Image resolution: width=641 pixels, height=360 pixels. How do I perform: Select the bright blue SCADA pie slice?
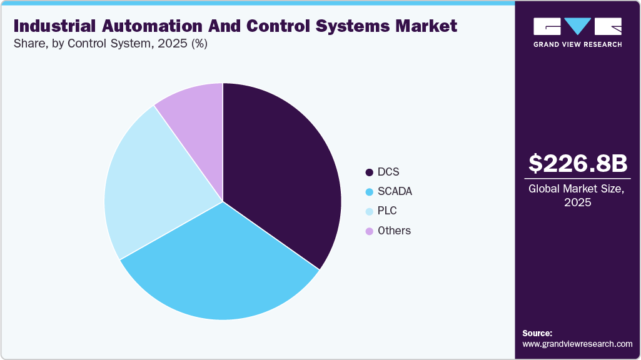tap(219, 269)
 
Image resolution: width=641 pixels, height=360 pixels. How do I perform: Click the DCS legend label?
tap(388, 172)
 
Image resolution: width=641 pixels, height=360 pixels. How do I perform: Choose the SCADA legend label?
tap(395, 191)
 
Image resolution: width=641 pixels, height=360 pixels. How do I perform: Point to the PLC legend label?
tap(387, 211)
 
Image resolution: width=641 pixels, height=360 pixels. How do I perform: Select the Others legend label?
tap(394, 231)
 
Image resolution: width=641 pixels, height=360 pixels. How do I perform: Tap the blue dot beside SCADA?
tap(369, 192)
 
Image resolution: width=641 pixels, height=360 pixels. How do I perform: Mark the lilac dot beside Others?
tap(369, 231)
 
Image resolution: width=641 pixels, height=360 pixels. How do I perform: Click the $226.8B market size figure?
tap(577, 163)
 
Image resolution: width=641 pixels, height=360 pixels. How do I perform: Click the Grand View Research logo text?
tap(577, 44)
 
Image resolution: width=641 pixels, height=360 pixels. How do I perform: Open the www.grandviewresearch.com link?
tap(577, 344)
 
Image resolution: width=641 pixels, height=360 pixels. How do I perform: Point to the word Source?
tap(537, 333)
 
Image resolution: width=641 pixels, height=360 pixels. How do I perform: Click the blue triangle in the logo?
tap(577, 26)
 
